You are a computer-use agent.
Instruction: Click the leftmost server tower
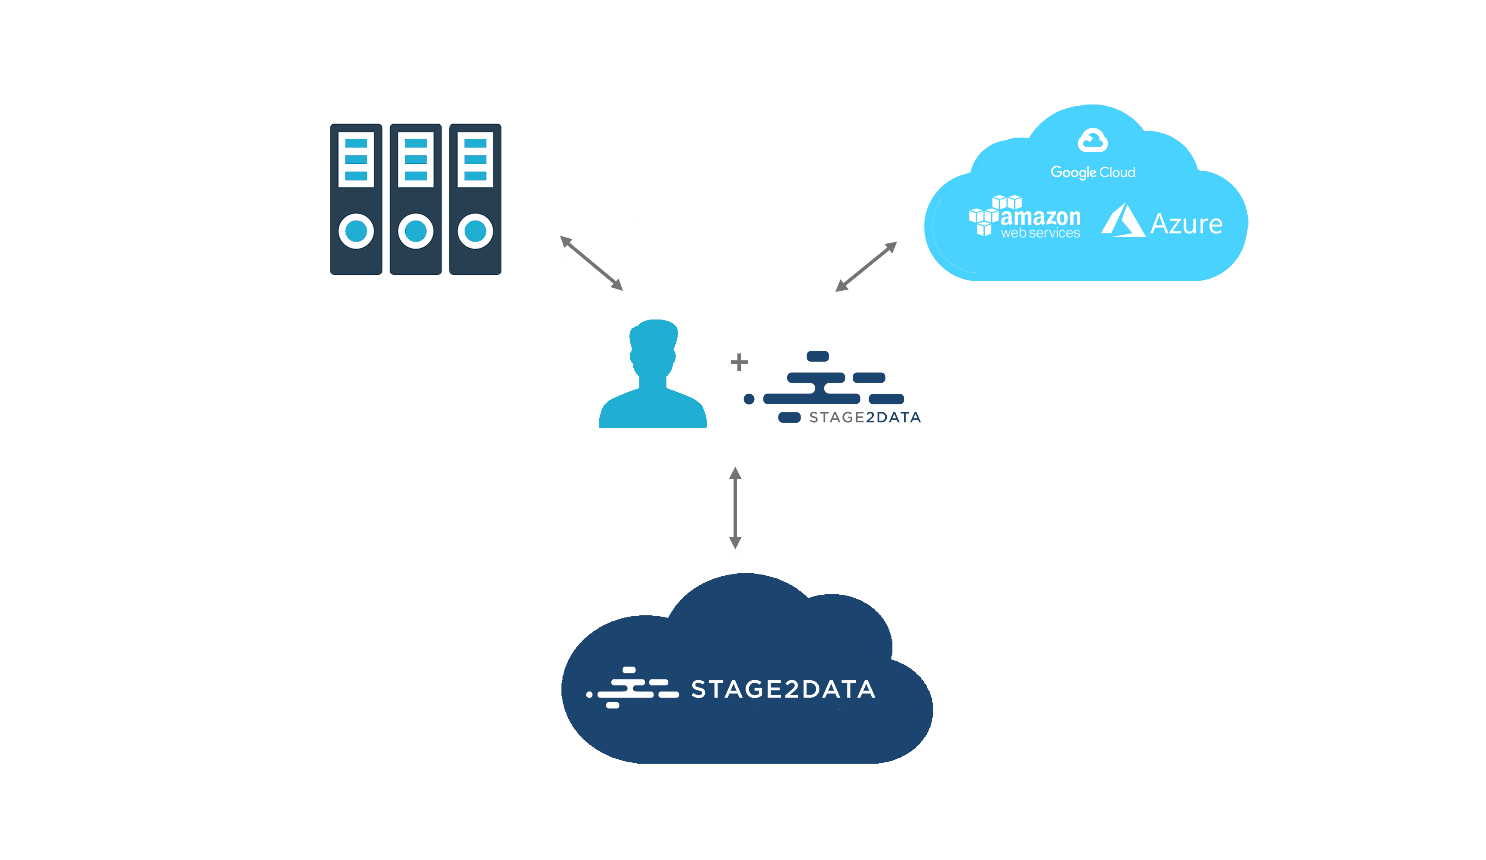[x=356, y=199]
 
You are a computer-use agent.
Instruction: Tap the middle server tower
[x=416, y=199]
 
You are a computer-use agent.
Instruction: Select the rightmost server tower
[x=475, y=199]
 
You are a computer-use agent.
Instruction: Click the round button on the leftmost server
[x=356, y=231]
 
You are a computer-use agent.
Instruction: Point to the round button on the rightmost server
[x=475, y=231]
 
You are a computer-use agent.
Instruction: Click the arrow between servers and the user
[x=592, y=264]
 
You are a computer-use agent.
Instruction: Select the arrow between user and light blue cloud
[x=866, y=267]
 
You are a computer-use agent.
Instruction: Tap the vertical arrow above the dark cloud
[x=735, y=508]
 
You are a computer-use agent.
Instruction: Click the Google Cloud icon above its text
[x=1093, y=140]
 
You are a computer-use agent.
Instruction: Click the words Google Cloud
[x=1093, y=172]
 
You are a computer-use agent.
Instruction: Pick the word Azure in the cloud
[x=1187, y=224]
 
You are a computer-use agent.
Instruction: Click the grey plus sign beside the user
[x=739, y=362]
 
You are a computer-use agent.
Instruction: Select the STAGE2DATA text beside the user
[x=864, y=418]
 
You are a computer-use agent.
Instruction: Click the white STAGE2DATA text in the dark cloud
[x=783, y=689]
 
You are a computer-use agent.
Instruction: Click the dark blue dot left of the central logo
[x=749, y=399]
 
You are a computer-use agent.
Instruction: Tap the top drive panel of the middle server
[x=416, y=160]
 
